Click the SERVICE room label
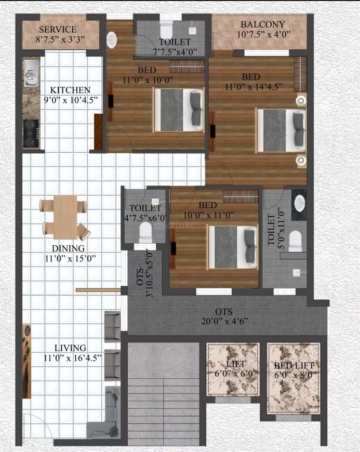pos(58,30)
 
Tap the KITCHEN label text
pos(70,90)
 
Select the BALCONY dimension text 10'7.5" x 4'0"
pos(264,34)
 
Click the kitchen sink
pos(30,73)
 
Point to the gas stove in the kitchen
pos(31,134)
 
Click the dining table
pos(65,217)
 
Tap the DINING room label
pos(68,248)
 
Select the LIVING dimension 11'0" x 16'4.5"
pos(73,358)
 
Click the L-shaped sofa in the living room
pos(109,413)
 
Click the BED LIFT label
pos(294,366)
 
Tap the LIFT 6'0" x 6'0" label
pos(236,369)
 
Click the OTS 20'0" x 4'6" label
pos(224,316)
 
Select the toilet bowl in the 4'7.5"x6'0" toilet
pos(145,233)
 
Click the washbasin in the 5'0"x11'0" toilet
pos(300,203)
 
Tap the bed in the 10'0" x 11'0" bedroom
pos(233,247)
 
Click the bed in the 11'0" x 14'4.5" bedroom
pos(282,130)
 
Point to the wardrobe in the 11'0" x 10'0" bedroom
pos(187,67)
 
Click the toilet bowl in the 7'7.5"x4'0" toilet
pos(165,31)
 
